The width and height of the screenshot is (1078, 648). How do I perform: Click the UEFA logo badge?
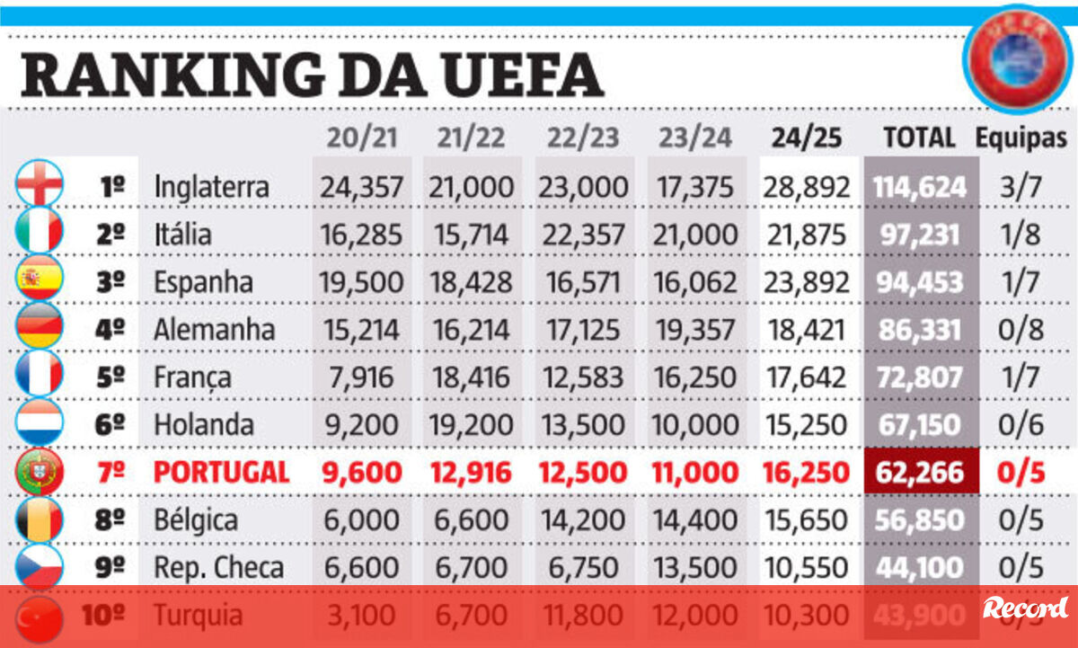tap(1018, 58)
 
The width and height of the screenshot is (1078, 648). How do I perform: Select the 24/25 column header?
tap(806, 138)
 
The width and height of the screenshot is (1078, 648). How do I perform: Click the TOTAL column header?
tap(919, 138)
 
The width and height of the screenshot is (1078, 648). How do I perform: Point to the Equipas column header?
tap(1021, 138)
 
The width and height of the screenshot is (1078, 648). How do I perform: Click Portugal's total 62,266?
tap(921, 472)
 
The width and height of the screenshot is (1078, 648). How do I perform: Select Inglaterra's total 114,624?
tap(920, 186)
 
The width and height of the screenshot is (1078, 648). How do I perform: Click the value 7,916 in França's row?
tap(361, 377)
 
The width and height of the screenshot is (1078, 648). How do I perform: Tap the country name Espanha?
tap(203, 282)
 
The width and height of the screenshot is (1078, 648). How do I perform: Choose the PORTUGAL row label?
tap(221, 472)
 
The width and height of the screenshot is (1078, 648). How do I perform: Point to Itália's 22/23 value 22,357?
tap(582, 234)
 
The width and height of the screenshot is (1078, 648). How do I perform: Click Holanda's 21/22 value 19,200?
tap(473, 424)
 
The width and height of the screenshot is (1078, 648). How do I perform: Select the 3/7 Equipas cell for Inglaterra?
tap(1021, 186)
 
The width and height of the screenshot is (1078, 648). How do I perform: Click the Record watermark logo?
tap(1024, 608)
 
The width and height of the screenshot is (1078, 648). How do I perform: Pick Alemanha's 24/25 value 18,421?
tap(806, 329)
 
